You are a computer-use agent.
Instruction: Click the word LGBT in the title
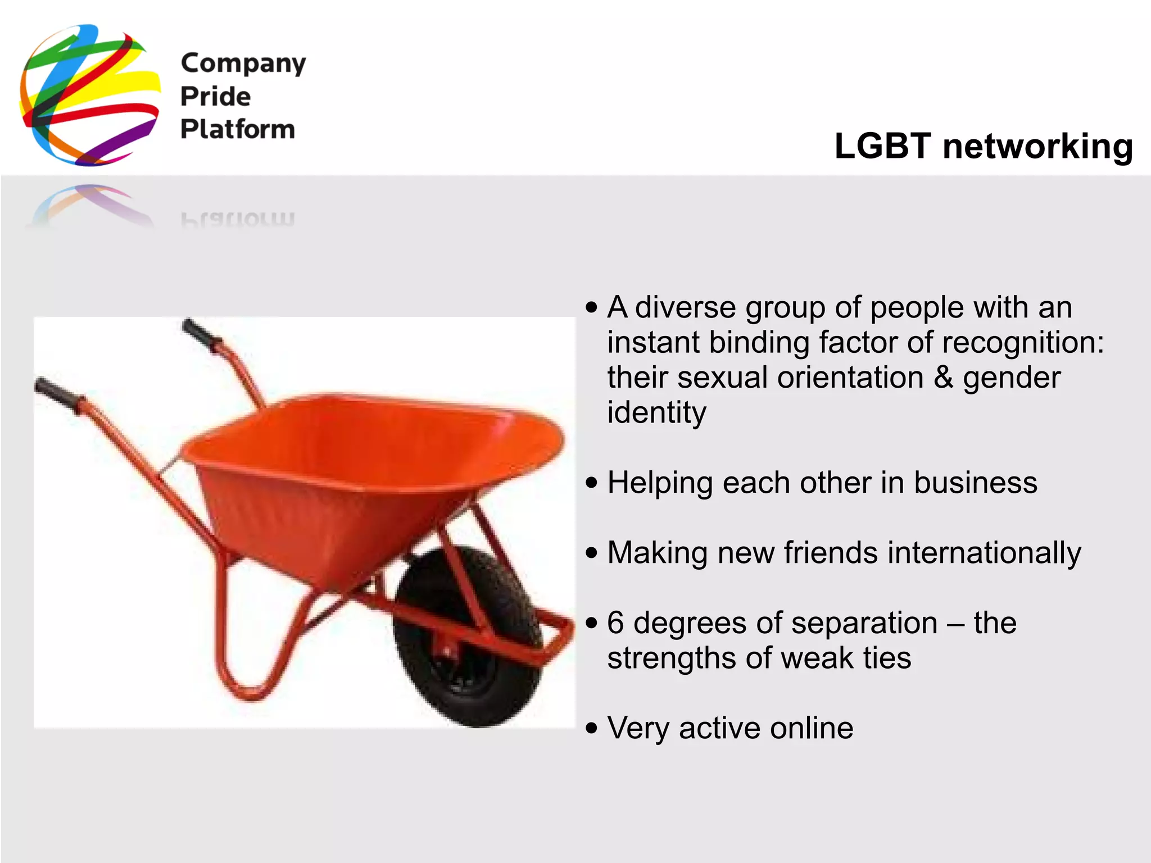[882, 146]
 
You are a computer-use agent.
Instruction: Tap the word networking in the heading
[1037, 147]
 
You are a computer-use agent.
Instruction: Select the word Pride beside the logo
[215, 97]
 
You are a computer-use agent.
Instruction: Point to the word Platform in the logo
[237, 129]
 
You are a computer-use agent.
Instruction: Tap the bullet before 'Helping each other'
[591, 483]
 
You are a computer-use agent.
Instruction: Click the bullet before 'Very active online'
[591, 728]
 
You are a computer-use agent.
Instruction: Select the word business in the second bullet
[975, 483]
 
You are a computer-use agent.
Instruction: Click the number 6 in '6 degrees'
[616, 623]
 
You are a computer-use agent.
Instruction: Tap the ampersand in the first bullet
[943, 378]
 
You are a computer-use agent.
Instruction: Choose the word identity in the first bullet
[656, 414]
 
